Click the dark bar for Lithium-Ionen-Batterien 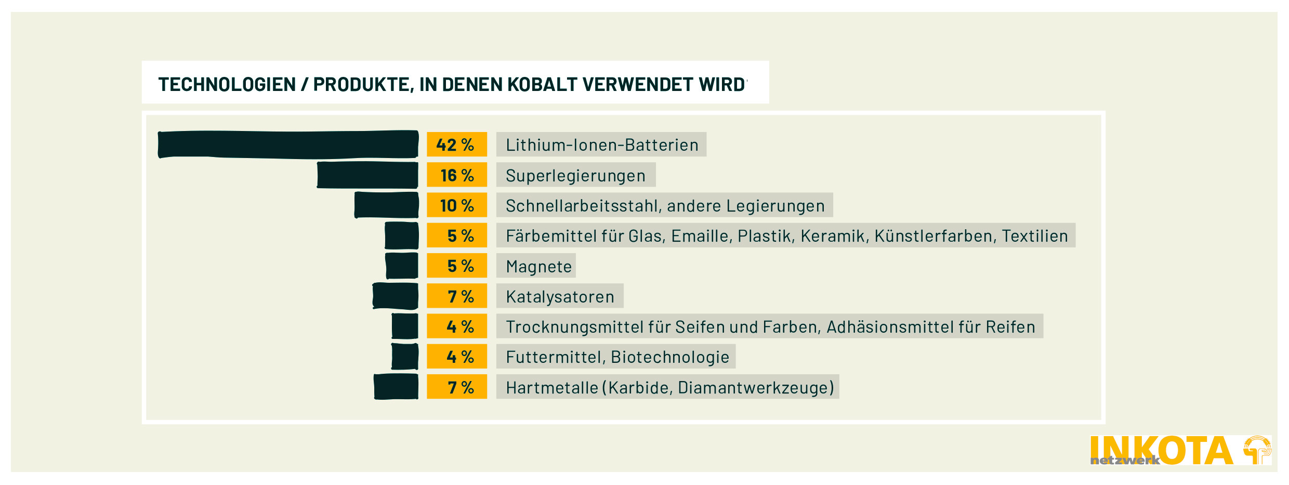[x=288, y=144]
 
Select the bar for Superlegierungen [x=367, y=175]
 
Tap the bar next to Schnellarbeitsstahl [x=386, y=205]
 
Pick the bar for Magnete [x=402, y=266]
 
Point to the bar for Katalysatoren [x=396, y=296]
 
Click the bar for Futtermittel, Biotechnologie [x=405, y=357]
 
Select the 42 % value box [x=456, y=145]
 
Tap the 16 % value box [x=456, y=175]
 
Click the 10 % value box [x=456, y=205]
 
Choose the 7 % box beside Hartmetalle [x=456, y=387]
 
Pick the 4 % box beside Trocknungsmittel [x=456, y=326]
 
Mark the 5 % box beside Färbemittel [x=456, y=235]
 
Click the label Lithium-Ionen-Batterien [x=601, y=145]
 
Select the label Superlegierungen [x=575, y=175]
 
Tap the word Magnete [x=538, y=266]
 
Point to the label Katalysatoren [x=560, y=296]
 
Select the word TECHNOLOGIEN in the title [x=227, y=84]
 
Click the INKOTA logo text [x=1161, y=450]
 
